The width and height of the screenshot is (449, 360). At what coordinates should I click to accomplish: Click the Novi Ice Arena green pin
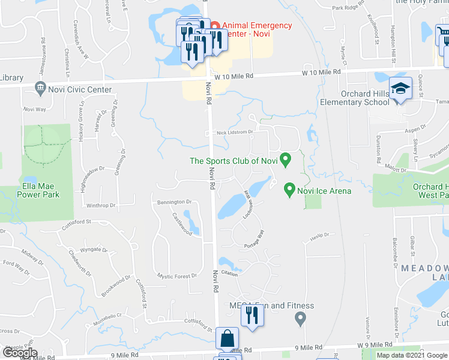click(289, 190)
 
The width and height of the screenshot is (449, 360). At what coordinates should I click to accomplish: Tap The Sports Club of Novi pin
click(286, 160)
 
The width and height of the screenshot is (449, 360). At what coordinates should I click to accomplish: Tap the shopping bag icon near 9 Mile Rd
click(228, 338)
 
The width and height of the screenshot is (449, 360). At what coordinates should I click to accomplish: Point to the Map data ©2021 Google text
click(412, 355)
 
